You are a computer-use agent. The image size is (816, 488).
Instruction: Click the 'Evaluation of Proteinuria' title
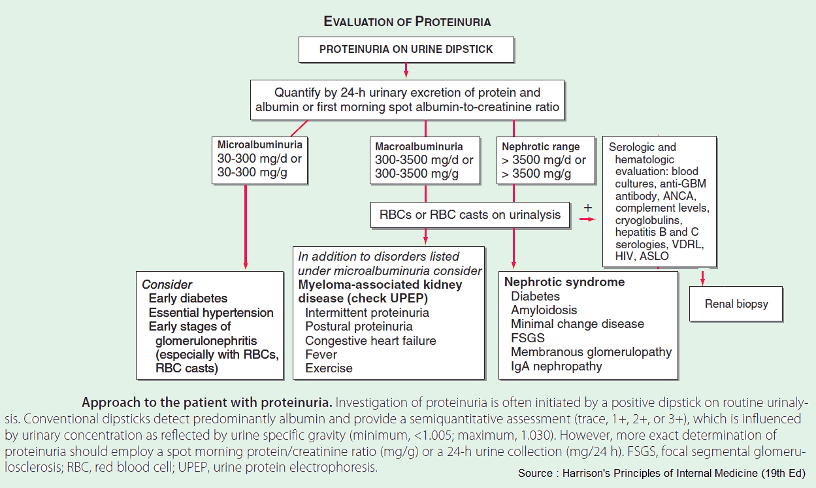click(x=407, y=22)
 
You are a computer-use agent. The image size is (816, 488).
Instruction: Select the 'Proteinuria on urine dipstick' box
click(x=406, y=49)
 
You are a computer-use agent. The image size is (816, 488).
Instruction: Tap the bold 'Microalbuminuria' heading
click(x=260, y=144)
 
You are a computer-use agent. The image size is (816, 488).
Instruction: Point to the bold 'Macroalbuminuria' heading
click(x=419, y=146)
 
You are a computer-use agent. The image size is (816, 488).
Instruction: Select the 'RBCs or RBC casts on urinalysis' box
click(x=470, y=214)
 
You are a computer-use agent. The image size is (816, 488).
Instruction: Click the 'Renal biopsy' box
click(x=736, y=304)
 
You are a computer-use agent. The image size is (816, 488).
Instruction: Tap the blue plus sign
click(x=587, y=207)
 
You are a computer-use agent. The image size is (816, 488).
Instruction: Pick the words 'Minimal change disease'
click(x=577, y=324)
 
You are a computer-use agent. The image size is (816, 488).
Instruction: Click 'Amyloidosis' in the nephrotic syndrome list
click(x=544, y=310)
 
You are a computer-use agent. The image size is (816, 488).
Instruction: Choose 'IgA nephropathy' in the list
click(x=557, y=366)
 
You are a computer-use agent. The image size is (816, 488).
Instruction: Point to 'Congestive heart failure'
click(x=370, y=340)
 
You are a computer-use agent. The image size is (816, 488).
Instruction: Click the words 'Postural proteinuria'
click(x=359, y=327)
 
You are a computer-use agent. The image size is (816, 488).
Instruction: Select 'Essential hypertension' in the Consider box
click(x=211, y=312)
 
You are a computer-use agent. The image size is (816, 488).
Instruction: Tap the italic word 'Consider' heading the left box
click(x=167, y=285)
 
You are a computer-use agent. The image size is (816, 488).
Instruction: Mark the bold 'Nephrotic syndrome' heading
click(x=564, y=282)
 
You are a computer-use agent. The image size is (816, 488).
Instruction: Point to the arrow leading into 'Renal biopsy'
click(x=703, y=277)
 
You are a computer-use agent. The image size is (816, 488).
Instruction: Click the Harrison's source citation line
click(x=662, y=473)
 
